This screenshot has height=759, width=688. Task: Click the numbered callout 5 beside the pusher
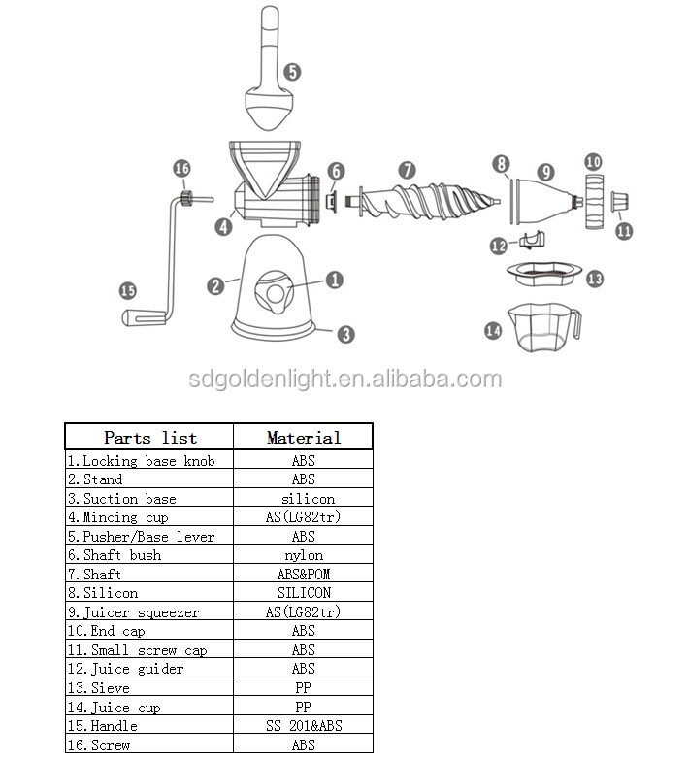point(292,72)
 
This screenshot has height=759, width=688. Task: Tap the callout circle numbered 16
point(181,169)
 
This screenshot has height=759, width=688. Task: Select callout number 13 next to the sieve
point(595,279)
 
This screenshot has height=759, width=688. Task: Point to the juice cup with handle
point(544,327)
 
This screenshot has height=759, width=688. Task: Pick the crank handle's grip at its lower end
point(144,317)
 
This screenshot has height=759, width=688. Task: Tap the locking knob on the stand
point(274,292)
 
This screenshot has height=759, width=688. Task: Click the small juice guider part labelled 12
point(532,240)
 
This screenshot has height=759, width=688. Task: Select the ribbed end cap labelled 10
point(594,201)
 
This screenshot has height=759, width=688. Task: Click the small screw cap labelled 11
point(619,201)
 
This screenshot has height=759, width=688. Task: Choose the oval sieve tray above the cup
point(544,274)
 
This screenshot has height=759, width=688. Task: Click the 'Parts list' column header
point(150,438)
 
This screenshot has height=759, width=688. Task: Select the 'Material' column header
point(304,438)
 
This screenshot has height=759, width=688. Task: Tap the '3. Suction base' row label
point(122,499)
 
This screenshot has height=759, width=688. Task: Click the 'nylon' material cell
point(304,555)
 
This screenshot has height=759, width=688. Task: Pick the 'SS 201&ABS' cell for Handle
point(304,726)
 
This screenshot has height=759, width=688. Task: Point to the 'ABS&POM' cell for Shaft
point(304,574)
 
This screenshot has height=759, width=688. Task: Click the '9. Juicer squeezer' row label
point(134,612)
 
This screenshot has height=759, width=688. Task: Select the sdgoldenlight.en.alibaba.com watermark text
point(344,379)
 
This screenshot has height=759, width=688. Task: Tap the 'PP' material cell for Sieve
point(304,688)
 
